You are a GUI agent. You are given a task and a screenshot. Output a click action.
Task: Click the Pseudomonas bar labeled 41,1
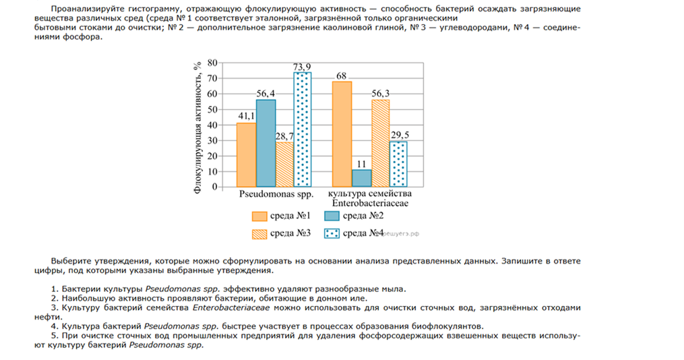click(246, 154)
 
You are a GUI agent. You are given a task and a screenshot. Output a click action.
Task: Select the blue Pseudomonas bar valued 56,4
click(266, 143)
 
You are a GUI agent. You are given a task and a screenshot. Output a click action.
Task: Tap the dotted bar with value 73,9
click(303, 129)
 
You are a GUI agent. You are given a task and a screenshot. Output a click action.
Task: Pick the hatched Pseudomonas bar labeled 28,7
click(284, 164)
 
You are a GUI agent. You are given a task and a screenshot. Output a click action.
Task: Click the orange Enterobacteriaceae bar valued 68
click(342, 133)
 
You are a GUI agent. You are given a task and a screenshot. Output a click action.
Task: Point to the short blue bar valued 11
click(361, 178)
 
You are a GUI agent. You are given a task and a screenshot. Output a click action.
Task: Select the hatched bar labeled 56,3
click(380, 143)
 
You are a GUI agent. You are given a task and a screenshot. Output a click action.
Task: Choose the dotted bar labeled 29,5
click(398, 164)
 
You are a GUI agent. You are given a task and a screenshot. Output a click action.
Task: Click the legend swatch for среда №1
click(260, 216)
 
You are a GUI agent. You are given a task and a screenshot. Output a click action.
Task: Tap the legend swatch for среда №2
click(332, 216)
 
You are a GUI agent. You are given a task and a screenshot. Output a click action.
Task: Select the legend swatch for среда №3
click(260, 233)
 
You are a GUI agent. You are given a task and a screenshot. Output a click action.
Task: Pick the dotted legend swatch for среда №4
click(332, 233)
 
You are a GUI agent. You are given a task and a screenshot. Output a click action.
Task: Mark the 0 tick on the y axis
click(214, 187)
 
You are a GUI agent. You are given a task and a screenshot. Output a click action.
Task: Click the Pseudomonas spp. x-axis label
click(272, 194)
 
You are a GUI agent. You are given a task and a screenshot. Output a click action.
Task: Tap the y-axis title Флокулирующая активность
click(197, 125)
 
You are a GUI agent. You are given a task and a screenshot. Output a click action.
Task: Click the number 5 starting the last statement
click(53, 334)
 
